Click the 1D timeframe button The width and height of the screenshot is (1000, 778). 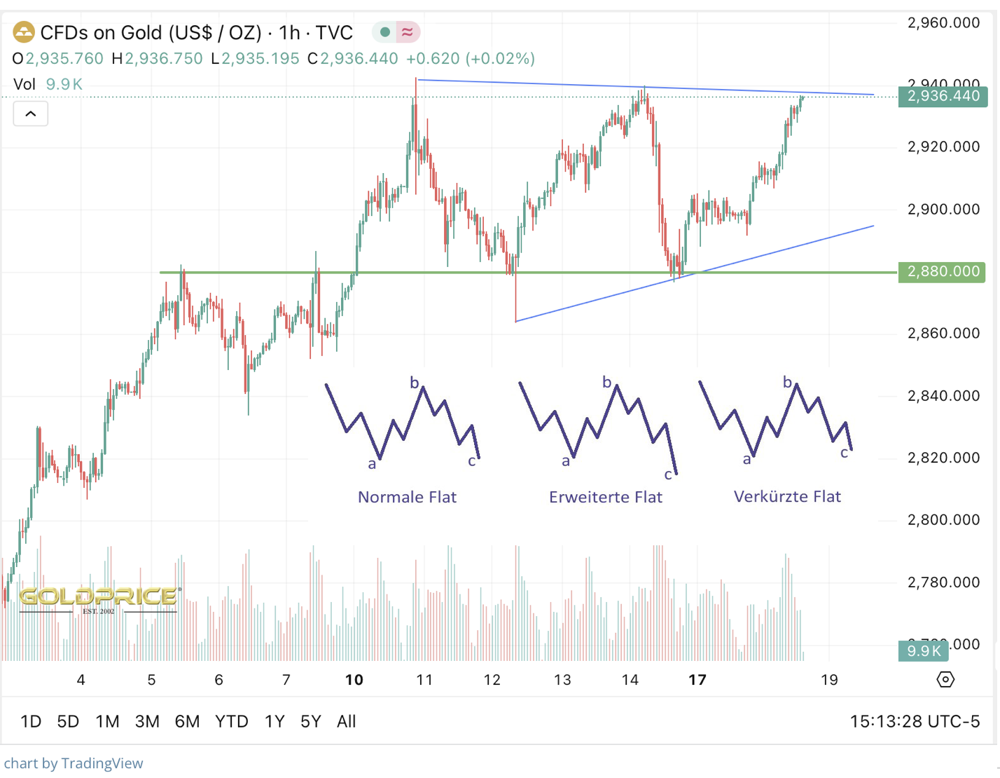31,721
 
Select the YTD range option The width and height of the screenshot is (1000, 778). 231,721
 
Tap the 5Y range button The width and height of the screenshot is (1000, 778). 310,721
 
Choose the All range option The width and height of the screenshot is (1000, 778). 346,721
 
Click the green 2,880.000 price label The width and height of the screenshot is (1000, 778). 943,271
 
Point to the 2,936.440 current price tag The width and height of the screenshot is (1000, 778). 943,96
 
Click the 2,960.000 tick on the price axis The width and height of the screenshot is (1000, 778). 943,22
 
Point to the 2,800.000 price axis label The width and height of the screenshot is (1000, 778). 943,519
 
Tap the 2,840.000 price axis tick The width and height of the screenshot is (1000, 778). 943,395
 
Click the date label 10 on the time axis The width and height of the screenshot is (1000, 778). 354,679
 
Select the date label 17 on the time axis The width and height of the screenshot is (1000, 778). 697,679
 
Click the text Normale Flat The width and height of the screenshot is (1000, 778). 407,497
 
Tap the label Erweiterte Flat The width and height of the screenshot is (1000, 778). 605,497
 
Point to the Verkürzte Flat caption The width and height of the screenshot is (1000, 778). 787,496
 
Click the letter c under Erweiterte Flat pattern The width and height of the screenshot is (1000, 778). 668,475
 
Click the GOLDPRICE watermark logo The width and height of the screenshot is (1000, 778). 98,598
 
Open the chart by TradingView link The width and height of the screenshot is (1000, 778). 74,763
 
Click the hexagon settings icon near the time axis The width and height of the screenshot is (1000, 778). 945,679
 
